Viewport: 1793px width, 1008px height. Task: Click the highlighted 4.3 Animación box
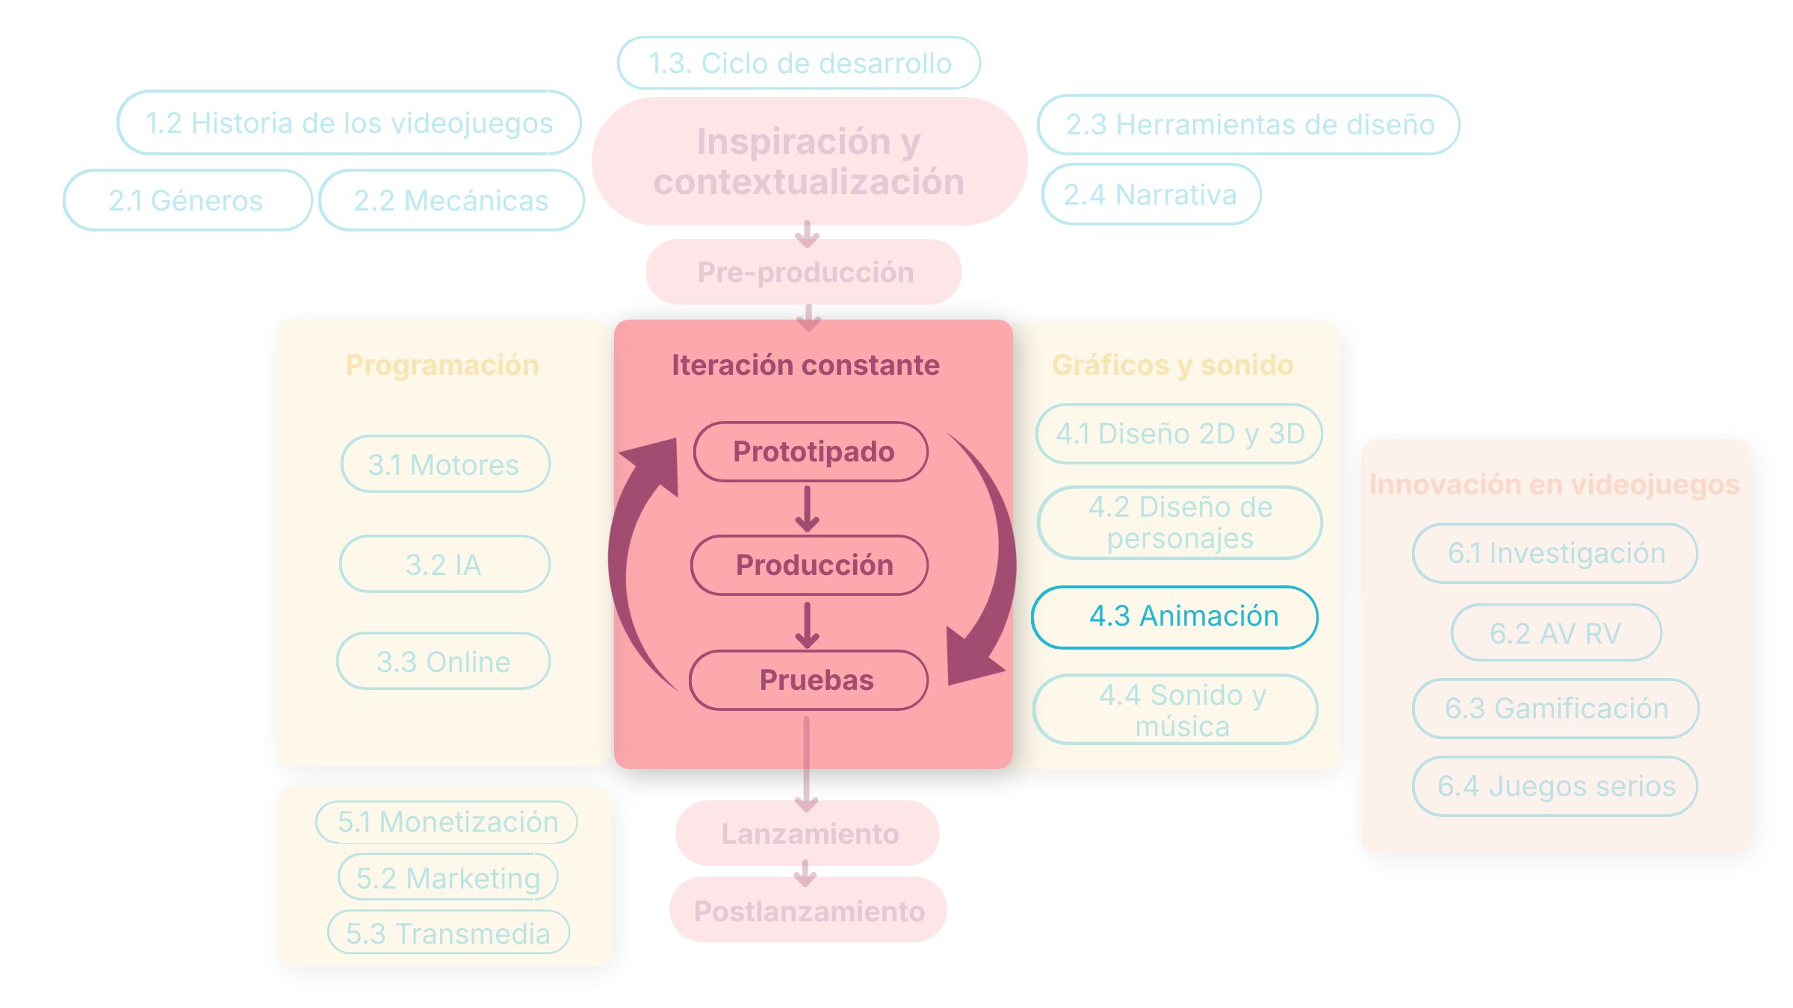pyautogui.click(x=1174, y=617)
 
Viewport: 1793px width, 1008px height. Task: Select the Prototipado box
pyautogui.click(x=811, y=452)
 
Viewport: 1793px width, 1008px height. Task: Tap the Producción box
pyautogui.click(x=809, y=565)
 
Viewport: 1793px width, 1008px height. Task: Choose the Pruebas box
pyautogui.click(x=808, y=680)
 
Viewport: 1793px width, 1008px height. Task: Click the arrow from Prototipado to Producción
pyautogui.click(x=807, y=509)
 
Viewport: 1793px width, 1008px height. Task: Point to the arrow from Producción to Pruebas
pyautogui.click(x=807, y=625)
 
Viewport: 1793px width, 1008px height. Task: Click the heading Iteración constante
pyautogui.click(x=805, y=365)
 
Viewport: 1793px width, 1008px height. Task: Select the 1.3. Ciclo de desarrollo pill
pyautogui.click(x=799, y=63)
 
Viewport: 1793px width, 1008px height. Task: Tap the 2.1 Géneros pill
pyautogui.click(x=187, y=200)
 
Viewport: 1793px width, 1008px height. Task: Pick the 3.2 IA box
pyautogui.click(x=445, y=564)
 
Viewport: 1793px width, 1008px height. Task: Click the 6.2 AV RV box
pyautogui.click(x=1556, y=633)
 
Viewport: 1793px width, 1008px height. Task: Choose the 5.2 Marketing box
pyautogui.click(x=448, y=877)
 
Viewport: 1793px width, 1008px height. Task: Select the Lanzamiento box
pyautogui.click(x=807, y=833)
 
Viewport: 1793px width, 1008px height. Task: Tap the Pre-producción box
pyautogui.click(x=803, y=272)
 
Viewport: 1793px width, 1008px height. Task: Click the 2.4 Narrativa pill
pyautogui.click(x=1151, y=194)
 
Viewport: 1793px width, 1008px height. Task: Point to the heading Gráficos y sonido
pyautogui.click(x=1172, y=365)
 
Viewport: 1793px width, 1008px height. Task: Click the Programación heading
pyautogui.click(x=442, y=365)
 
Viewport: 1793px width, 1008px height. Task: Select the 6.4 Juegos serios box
pyautogui.click(x=1555, y=786)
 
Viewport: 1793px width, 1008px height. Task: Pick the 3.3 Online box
pyautogui.click(x=443, y=662)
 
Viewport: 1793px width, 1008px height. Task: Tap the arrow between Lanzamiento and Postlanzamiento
pyautogui.click(x=805, y=873)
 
